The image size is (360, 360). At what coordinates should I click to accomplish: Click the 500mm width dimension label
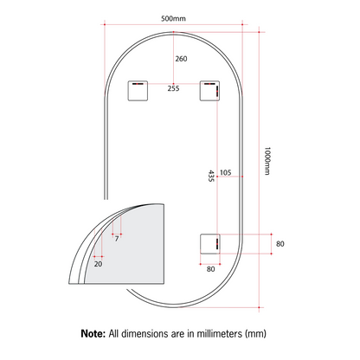[x=173, y=18]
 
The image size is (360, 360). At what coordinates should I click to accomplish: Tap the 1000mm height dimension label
[x=267, y=161]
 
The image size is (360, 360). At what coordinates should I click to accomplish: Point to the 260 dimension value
[x=181, y=59]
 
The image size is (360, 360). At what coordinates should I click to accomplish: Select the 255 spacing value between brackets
[x=173, y=88]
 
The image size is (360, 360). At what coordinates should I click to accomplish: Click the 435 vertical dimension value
[x=211, y=176]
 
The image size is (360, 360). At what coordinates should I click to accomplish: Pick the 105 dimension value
[x=226, y=172]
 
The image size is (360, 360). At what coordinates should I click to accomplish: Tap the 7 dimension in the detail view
[x=117, y=239]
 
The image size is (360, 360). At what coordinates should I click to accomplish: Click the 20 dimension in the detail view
[x=98, y=264]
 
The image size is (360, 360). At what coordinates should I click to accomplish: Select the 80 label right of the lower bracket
[x=280, y=244]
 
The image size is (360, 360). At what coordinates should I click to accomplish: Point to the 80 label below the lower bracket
[x=210, y=269]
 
